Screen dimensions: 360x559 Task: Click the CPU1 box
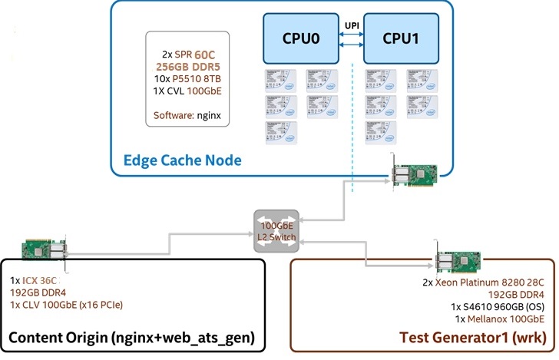click(400, 37)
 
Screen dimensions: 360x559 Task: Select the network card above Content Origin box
click(45, 250)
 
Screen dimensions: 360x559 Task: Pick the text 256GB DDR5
click(187, 67)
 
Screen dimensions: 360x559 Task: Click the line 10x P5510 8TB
click(187, 79)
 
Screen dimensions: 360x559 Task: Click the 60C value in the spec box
click(206, 54)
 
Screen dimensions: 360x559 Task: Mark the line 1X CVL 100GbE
click(187, 92)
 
